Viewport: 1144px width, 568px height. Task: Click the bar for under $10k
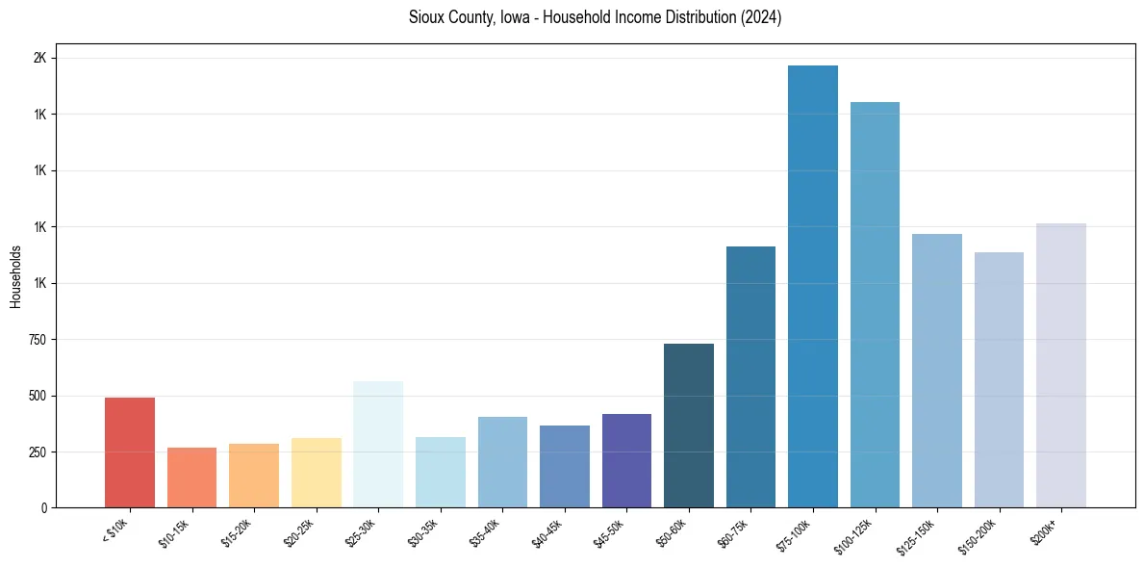(x=130, y=452)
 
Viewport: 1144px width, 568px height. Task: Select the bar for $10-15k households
(x=191, y=478)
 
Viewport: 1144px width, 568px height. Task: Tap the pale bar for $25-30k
(x=378, y=444)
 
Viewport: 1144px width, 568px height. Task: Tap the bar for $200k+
(x=1061, y=365)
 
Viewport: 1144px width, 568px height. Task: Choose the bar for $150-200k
(x=999, y=379)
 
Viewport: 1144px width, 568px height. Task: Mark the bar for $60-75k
(x=750, y=376)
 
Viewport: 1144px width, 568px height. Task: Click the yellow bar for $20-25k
(x=317, y=473)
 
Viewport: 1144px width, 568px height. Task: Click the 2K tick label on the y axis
(x=39, y=59)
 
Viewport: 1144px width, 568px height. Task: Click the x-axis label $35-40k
(x=485, y=532)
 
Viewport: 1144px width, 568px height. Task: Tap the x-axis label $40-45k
(x=547, y=532)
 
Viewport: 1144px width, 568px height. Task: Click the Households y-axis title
(x=15, y=276)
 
